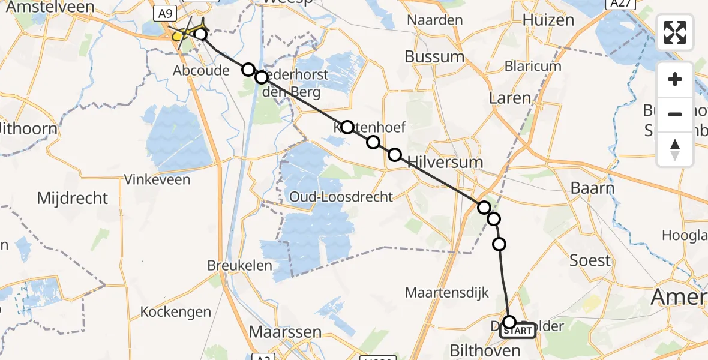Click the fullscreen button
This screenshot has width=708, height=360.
675,32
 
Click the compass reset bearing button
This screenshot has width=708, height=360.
675,149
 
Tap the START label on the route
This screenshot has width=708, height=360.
517,330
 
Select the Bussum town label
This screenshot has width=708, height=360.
434,57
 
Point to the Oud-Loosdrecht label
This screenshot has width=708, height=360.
341,197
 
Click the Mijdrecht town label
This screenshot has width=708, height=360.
73,198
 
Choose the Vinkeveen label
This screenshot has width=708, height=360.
157,179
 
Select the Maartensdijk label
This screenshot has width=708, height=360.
447,293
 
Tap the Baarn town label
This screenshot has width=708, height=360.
592,188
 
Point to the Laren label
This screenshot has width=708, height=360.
510,98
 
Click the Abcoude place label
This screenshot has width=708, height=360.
201,71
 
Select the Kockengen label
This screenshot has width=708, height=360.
176,312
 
